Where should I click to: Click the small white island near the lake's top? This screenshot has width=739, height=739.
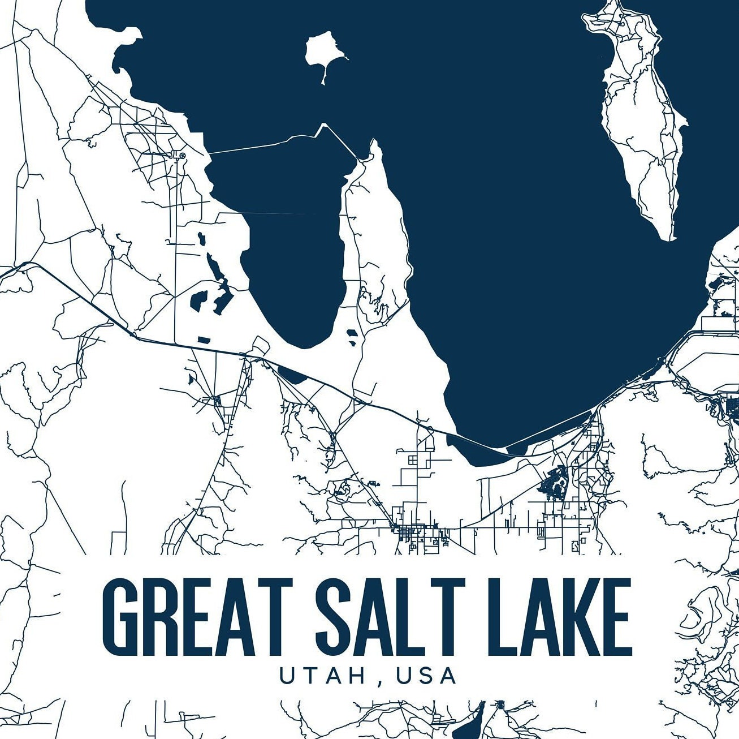click(322, 51)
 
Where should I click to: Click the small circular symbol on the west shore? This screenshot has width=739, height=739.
click(182, 154)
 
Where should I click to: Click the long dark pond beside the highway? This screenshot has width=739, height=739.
click(291, 374)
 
